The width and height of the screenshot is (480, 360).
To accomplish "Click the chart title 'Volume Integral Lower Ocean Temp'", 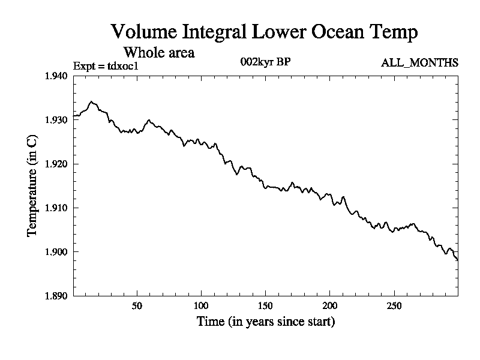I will coord(264,32).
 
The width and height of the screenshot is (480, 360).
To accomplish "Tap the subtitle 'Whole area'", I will coord(158,52).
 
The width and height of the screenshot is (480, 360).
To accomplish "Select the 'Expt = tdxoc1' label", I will coord(106,65).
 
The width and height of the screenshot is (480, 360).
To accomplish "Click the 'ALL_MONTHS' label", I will coord(420,62).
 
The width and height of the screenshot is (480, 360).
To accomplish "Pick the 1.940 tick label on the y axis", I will coord(57,76).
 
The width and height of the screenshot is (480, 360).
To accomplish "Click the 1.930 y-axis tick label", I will coord(57,120).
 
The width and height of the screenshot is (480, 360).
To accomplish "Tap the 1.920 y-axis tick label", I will coord(57,164).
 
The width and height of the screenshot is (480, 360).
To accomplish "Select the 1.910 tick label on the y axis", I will coord(57,208).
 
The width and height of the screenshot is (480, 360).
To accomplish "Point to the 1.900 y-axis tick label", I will coord(57,252).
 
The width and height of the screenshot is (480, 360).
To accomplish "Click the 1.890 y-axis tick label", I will coord(57,296).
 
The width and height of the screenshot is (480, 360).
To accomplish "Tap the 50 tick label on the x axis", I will coord(137,305).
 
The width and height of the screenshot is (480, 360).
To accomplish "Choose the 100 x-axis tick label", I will coord(201,305).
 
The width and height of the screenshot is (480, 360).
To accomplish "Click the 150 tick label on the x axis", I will coord(265,305).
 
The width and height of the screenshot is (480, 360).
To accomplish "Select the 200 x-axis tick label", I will coord(329,305).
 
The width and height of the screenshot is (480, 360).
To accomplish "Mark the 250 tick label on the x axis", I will coord(394,305).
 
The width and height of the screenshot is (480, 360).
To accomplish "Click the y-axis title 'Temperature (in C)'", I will coord(34,185).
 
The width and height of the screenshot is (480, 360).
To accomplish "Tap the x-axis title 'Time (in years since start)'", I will coord(266,322).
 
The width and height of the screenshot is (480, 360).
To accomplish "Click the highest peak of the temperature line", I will coord(91,102).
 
